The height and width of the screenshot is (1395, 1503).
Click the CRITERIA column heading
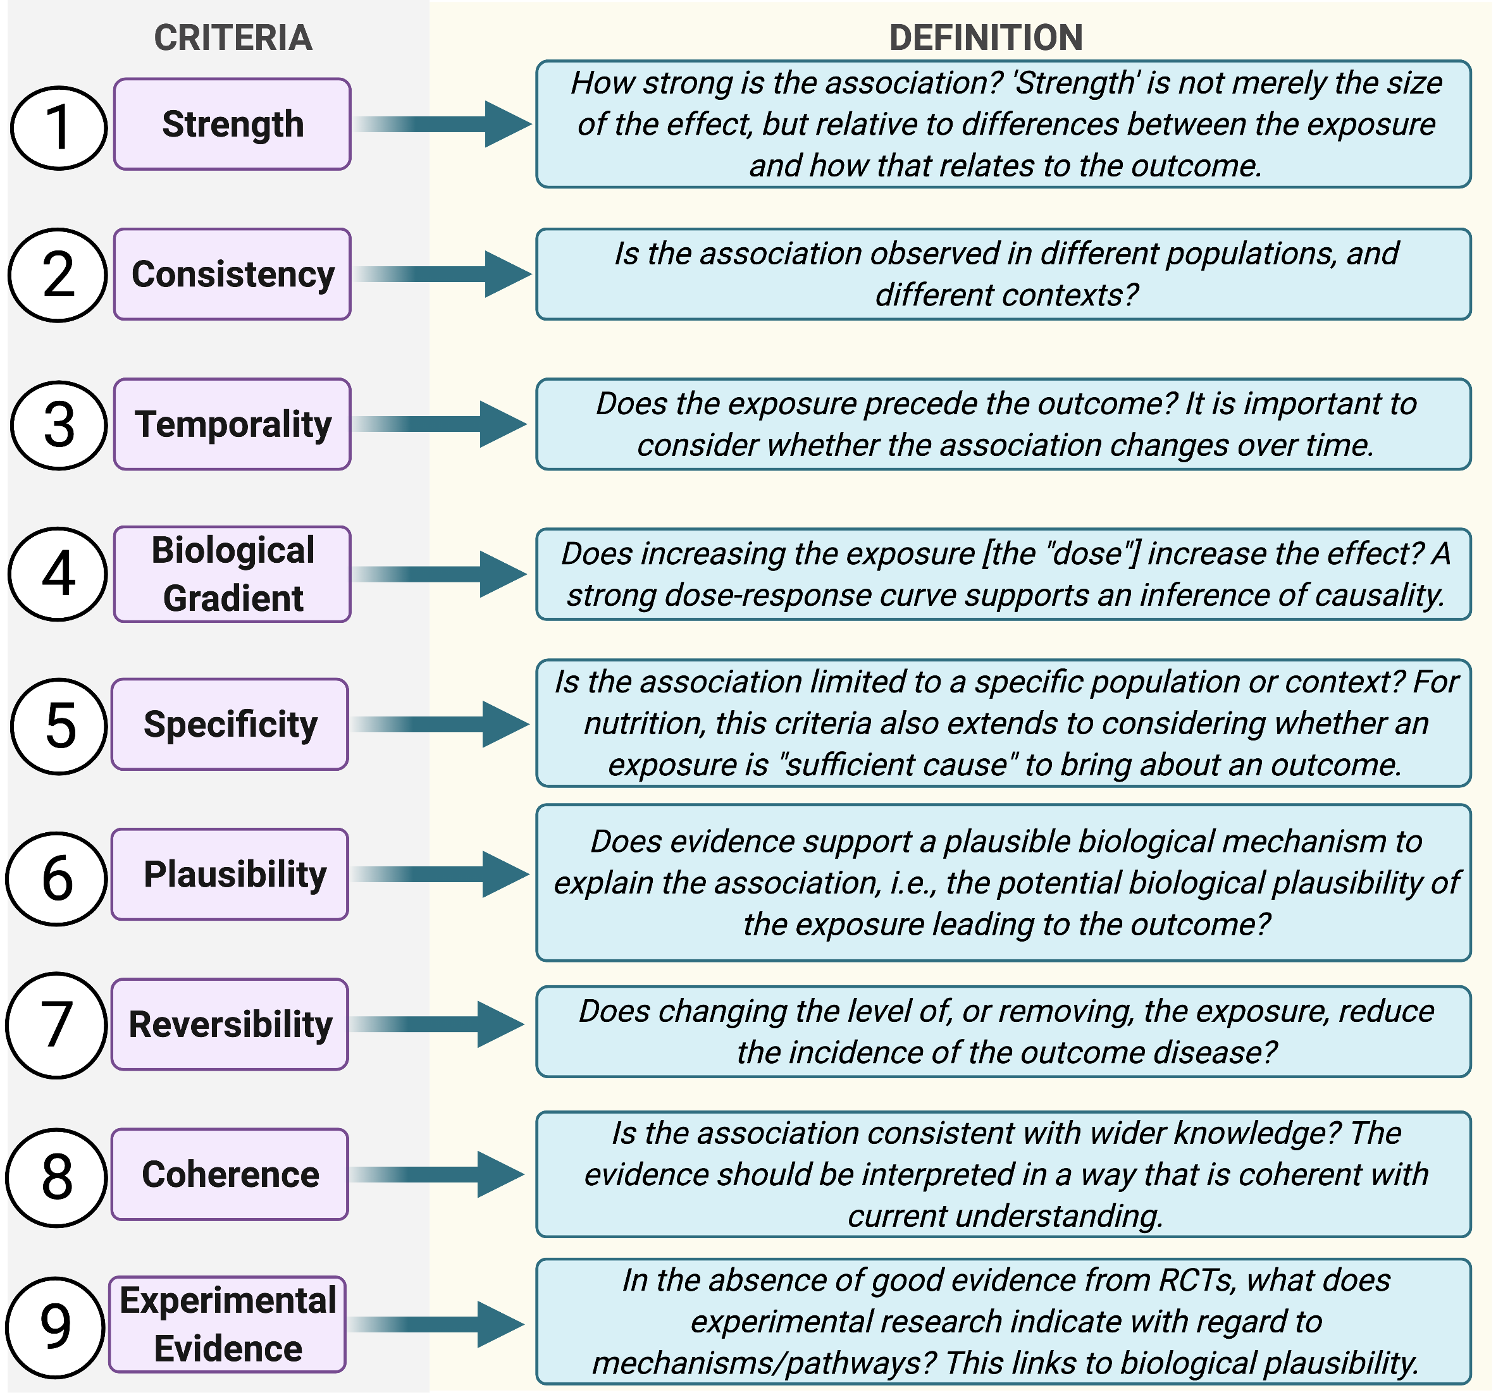(233, 38)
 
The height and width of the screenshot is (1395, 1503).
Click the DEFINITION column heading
(985, 38)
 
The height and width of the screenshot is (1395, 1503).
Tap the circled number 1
(58, 127)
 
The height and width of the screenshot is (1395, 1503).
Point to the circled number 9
(55, 1327)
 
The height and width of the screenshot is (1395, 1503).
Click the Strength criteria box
(232, 124)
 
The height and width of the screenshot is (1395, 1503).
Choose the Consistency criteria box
(232, 274)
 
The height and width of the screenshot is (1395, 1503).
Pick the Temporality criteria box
(232, 424)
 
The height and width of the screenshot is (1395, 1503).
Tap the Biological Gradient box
(232, 574)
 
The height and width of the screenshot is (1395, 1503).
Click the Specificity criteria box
(230, 724)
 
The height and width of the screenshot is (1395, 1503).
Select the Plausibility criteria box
(230, 874)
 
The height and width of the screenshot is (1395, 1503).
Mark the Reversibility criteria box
(230, 1024)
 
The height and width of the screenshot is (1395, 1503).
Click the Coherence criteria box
(230, 1174)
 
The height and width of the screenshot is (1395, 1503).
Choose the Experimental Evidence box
(227, 1325)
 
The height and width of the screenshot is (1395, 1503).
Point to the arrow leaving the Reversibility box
(438, 1024)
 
